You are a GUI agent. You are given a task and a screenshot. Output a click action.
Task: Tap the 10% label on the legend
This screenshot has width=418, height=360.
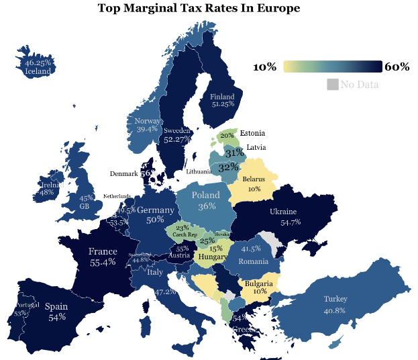coord(264,66)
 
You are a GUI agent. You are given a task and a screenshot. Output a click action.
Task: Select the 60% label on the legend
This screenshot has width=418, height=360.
coord(397,66)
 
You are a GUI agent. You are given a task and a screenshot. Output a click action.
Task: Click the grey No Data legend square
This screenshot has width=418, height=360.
coord(332,84)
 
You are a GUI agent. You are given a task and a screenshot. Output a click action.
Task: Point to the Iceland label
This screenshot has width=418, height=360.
coord(38,71)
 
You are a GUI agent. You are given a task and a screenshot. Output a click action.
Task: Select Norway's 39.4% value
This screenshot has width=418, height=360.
coord(147,128)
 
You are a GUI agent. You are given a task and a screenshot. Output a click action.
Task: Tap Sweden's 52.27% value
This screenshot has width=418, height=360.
coord(178,139)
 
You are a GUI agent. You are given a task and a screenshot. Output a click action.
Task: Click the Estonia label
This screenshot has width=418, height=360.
coord(252,133)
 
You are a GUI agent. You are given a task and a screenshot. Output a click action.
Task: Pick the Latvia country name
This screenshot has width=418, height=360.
coord(256,146)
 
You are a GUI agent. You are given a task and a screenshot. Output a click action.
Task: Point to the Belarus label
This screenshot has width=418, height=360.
coord(254,180)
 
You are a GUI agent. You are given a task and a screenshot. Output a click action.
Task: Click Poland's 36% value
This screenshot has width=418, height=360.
coord(207,206)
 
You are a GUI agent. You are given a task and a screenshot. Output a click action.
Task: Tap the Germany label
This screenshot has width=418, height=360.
coord(155,210)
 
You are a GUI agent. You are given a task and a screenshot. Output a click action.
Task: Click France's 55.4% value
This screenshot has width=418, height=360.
coord(103,263)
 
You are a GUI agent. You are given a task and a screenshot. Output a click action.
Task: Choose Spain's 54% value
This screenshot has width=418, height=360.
coord(56,316)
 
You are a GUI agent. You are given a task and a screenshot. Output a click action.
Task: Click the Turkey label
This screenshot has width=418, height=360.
coord(335,299)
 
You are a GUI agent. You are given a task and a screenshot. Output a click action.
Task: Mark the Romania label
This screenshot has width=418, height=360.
coord(253,261)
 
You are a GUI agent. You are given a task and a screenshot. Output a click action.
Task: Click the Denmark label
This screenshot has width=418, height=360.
coord(123,174)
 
